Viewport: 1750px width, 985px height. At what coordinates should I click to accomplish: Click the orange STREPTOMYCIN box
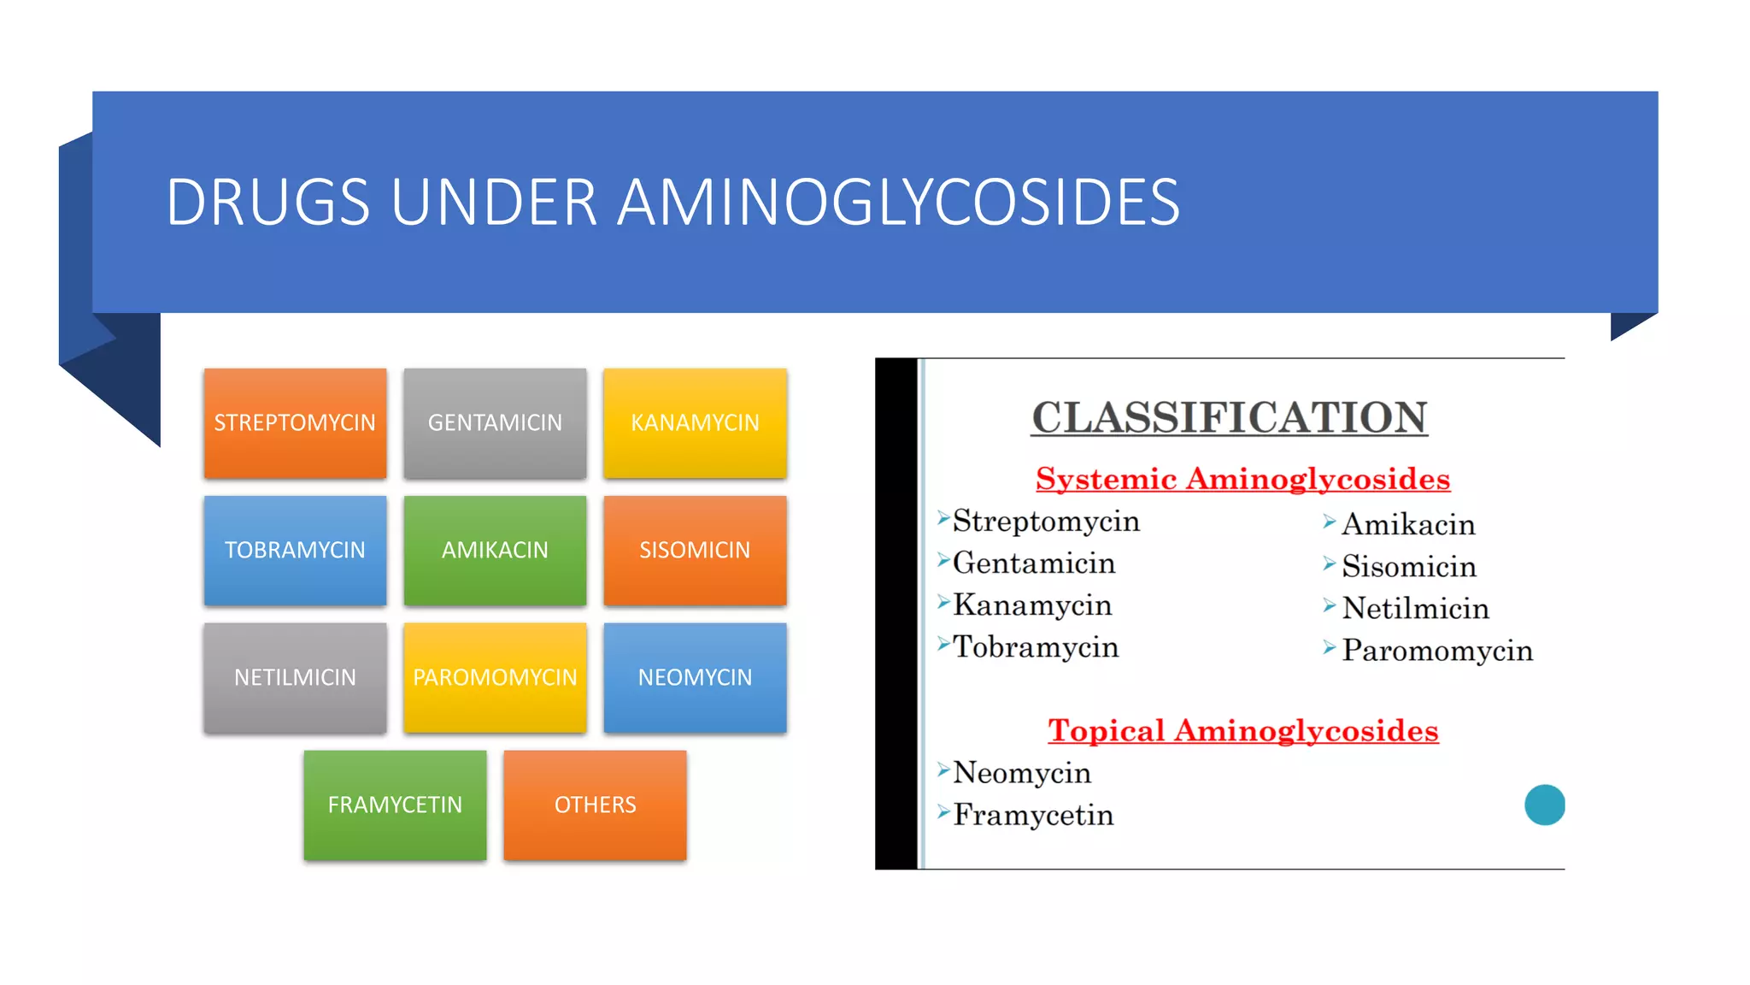295,423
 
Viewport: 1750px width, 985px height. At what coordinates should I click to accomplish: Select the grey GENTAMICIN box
495,423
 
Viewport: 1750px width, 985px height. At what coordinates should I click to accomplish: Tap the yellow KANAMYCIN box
695,423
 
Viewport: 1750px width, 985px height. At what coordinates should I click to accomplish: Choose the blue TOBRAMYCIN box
295,551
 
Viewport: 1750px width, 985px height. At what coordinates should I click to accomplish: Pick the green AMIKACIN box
495,551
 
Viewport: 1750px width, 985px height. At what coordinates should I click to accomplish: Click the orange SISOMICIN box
695,551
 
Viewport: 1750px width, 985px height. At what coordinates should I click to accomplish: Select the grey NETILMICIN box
295,677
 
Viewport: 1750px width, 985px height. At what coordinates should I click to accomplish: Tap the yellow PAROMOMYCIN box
495,677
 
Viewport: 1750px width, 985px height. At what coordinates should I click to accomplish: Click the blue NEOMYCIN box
695,677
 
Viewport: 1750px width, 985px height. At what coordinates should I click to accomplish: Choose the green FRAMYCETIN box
395,805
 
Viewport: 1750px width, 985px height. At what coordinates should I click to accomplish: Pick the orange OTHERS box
595,805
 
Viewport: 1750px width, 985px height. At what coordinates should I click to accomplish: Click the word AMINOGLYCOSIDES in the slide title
897,203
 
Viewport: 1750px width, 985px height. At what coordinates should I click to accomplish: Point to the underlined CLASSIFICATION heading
1229,418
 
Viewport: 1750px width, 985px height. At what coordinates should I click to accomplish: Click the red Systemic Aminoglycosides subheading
1242,479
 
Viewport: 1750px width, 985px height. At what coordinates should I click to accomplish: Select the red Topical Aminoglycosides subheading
1242,730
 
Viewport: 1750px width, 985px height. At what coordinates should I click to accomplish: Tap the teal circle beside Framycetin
1544,805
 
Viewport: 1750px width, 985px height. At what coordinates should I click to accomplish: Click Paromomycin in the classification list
1436,651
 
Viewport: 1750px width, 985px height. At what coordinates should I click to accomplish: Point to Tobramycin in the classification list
1035,647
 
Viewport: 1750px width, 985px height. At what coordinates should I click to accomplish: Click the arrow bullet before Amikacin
1329,522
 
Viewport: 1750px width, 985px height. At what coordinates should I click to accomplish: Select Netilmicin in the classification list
1415,609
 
